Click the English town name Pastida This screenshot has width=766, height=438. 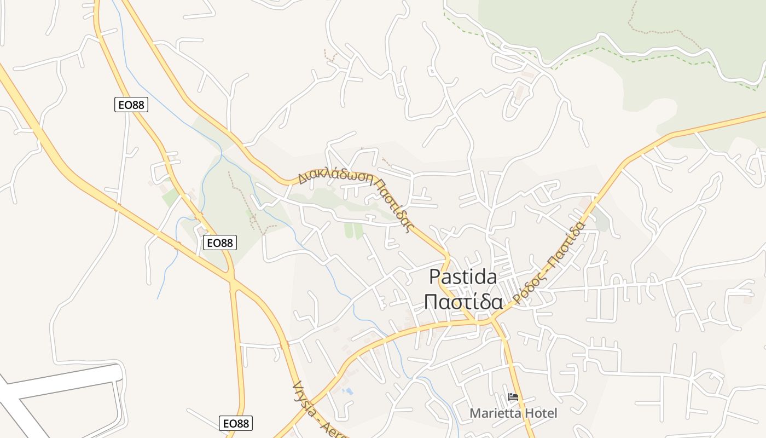[x=463, y=277]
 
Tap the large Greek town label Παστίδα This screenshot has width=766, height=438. [x=463, y=302]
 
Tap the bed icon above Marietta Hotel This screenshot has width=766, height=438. [x=513, y=397]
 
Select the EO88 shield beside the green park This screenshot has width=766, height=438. [x=219, y=243]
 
